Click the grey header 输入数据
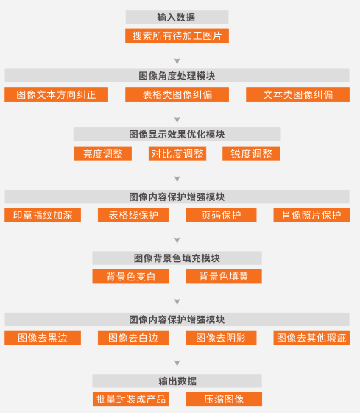(177, 17)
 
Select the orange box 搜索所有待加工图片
(177, 36)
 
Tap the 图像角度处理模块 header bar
(177, 76)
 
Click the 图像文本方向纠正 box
(57, 94)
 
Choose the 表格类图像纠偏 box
(177, 94)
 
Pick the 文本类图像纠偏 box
(298, 94)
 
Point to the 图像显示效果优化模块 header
(177, 134)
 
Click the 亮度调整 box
(103, 154)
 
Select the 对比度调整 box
(177, 154)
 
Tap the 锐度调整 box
(251, 154)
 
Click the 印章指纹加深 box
(43, 215)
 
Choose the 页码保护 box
(221, 215)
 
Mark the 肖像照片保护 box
(311, 215)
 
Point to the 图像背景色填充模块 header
(177, 258)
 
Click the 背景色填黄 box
(224, 276)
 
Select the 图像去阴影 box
(221, 338)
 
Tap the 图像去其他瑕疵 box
(311, 338)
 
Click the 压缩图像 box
(224, 399)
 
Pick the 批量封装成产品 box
(130, 399)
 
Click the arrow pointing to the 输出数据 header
(177, 359)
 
